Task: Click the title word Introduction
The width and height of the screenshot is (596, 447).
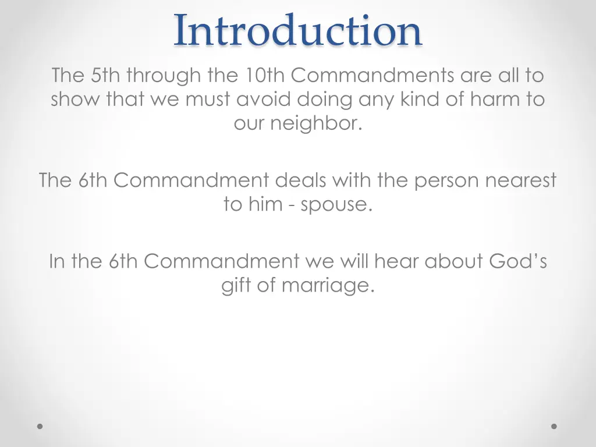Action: click(x=297, y=30)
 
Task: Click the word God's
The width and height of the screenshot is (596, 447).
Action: click(x=517, y=262)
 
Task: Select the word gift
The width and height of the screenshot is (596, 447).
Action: click(x=236, y=286)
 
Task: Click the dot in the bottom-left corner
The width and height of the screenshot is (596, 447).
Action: click(x=40, y=426)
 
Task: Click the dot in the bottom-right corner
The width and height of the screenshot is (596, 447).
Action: click(x=554, y=426)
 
